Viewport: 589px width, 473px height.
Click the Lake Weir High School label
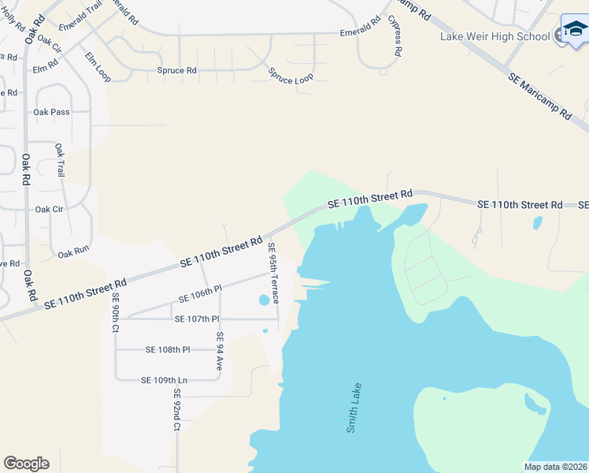[495, 36]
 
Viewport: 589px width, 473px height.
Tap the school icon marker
[574, 32]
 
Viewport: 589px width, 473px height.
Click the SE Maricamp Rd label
[539, 96]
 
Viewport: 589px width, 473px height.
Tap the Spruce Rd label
[176, 70]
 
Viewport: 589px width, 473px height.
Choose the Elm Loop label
[98, 67]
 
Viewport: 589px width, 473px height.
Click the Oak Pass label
[51, 112]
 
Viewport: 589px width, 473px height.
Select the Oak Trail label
[59, 160]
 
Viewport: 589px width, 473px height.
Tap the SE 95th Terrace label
[273, 274]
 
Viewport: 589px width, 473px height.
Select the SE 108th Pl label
[168, 349]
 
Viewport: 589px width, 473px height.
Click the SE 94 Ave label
[220, 351]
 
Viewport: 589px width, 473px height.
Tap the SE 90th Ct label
[115, 311]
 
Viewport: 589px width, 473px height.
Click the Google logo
[26, 464]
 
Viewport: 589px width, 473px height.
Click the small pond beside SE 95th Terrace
[263, 300]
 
